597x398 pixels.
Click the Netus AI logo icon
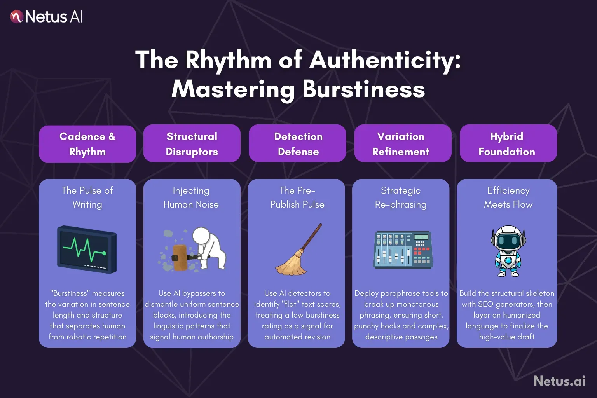click(x=17, y=17)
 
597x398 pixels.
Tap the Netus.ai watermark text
click(x=559, y=381)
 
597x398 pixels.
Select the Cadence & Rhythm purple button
click(x=87, y=144)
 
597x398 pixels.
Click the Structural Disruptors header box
click(x=192, y=143)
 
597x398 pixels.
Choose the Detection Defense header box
click(x=297, y=143)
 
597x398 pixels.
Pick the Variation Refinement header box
click(x=403, y=143)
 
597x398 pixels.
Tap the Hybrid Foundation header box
click(x=508, y=143)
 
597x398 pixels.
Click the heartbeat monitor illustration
click(x=87, y=250)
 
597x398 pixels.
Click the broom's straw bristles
click(x=291, y=264)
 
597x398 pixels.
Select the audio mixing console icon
click(x=403, y=250)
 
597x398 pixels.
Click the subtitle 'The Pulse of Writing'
click(x=87, y=197)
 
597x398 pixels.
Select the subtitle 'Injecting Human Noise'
click(x=191, y=197)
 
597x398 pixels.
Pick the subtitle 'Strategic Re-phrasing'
click(x=401, y=197)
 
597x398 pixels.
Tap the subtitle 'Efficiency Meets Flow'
click(x=508, y=197)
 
